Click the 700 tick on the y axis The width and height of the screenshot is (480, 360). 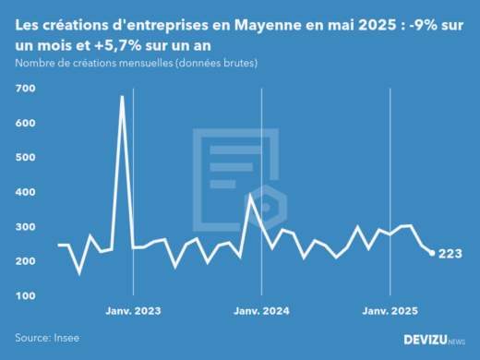[25, 88]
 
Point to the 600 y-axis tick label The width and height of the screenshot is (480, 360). [25, 123]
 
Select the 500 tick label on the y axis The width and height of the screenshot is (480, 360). [25, 157]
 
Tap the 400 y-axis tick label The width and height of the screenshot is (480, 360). [25, 192]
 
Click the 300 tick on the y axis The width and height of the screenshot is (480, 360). [25, 227]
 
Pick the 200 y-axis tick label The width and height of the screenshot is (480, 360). [25, 261]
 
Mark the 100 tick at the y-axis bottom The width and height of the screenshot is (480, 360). [25, 296]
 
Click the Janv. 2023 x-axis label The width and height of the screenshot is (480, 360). [134, 311]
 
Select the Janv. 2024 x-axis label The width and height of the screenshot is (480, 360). [262, 311]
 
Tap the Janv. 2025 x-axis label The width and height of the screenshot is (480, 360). [390, 311]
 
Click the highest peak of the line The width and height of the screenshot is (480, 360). [122, 96]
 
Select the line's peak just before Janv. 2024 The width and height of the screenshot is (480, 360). [251, 196]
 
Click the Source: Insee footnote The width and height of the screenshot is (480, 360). [47, 338]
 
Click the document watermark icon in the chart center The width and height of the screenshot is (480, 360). [238, 175]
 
